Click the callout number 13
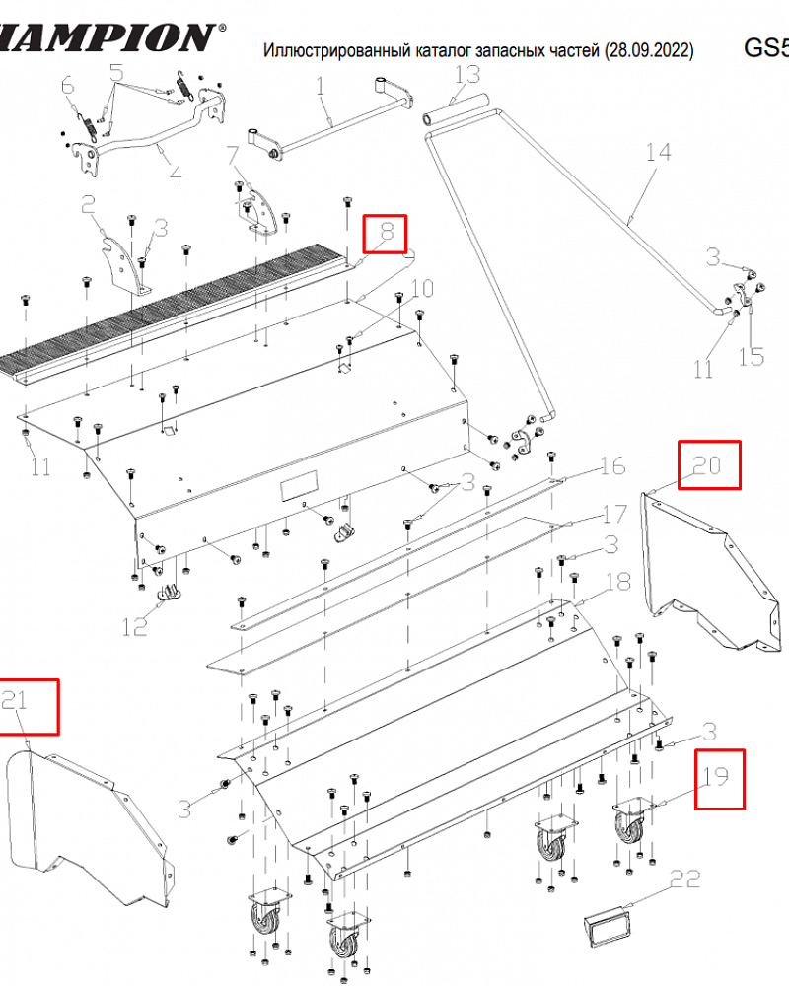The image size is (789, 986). pyautogui.click(x=466, y=75)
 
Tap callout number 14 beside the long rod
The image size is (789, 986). pyautogui.click(x=658, y=153)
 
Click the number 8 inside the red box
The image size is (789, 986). pyautogui.click(x=388, y=233)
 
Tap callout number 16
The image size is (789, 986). pyautogui.click(x=613, y=465)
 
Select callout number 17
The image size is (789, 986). pyautogui.click(x=614, y=514)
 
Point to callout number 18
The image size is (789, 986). pyautogui.click(x=617, y=583)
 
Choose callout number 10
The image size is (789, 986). pyautogui.click(x=421, y=289)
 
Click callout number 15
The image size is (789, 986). pyautogui.click(x=752, y=356)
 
